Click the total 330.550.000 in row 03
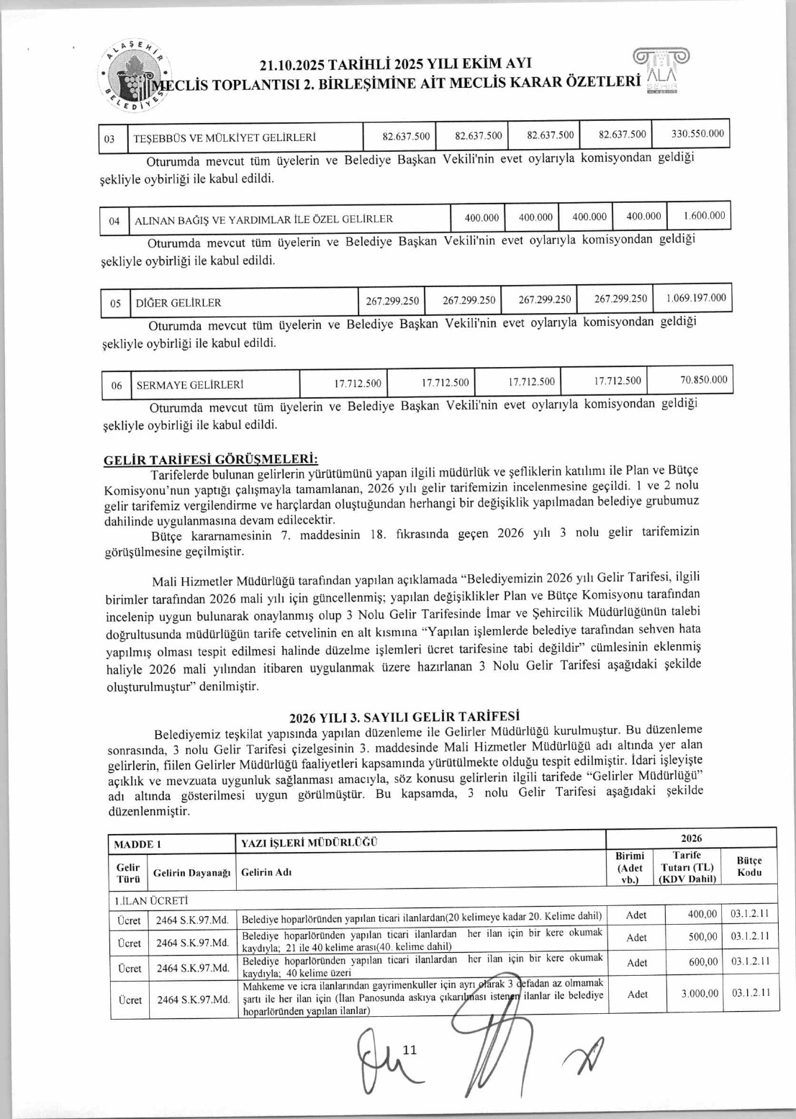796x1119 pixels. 697,134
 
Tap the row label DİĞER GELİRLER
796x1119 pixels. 178,302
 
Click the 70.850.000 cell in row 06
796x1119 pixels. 703,380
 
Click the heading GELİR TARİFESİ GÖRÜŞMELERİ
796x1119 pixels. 211,460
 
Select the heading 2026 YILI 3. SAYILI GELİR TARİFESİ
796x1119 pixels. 404,717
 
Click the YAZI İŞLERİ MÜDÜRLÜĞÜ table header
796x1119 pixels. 309,843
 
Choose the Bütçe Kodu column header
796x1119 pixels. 748,866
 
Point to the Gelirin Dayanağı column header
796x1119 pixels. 191,873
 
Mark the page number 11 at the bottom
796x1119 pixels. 410,1050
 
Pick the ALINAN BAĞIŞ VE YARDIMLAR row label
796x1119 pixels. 263,219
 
